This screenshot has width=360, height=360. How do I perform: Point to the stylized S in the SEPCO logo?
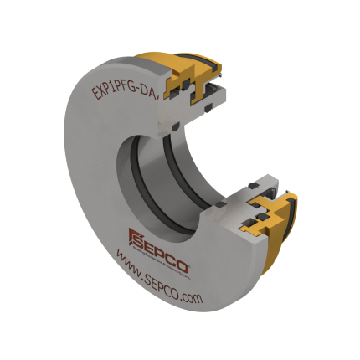[x=133, y=235]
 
